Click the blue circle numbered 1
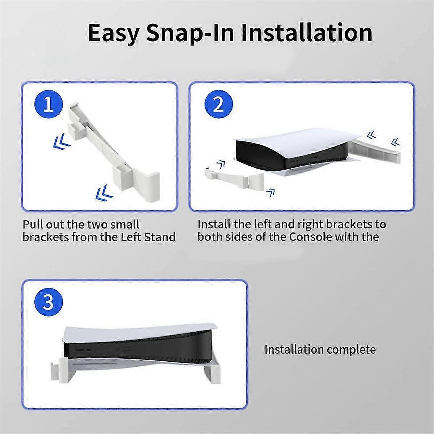[x=48, y=104]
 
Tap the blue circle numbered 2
[x=218, y=104]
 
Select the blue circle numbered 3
[x=48, y=302]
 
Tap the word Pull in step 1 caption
[x=33, y=224]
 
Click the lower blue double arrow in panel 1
[x=104, y=192]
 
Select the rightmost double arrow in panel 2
[x=396, y=142]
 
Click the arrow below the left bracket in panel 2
[x=271, y=193]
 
